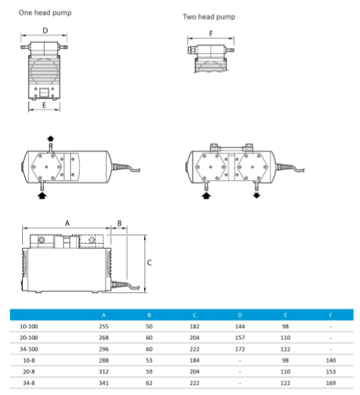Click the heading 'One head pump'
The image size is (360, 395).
44,12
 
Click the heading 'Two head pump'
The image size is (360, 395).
209,17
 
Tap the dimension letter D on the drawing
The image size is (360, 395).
45,29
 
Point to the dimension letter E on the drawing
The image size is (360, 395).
44,103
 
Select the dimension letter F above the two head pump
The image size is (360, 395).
211,34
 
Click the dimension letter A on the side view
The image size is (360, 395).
67,222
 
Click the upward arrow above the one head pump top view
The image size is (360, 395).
50,139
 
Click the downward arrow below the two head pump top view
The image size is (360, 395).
257,195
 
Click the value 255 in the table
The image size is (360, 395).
104,327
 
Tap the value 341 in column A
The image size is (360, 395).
104,382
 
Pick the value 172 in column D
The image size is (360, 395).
241,349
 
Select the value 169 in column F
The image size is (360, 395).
331,382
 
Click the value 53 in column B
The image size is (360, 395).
149,360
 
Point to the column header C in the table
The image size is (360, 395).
195,315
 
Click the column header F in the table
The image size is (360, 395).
331,315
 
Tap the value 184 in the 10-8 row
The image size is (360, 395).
195,360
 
